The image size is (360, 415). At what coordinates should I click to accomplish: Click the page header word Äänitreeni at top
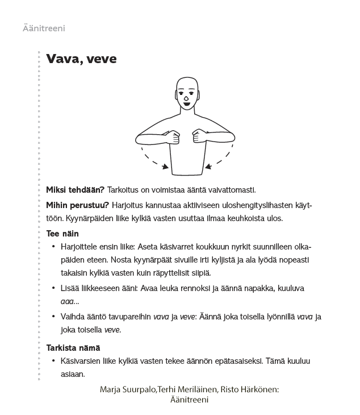pos(45,28)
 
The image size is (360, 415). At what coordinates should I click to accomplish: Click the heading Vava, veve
pos(81,59)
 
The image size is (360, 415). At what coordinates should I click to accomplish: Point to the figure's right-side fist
pos(199,136)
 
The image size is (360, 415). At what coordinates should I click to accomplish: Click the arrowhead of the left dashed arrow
pos(166,167)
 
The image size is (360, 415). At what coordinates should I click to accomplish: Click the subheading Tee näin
pos(62,234)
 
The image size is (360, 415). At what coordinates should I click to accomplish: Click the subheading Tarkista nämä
pos(73,347)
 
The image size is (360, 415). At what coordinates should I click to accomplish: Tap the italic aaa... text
pos(70,302)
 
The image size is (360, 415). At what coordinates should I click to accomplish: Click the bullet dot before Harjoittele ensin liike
pos(53,247)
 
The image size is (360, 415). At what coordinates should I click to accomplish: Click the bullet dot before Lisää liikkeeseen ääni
pos(53,289)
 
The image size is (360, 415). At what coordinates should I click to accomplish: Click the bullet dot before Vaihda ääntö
pos(53,317)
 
